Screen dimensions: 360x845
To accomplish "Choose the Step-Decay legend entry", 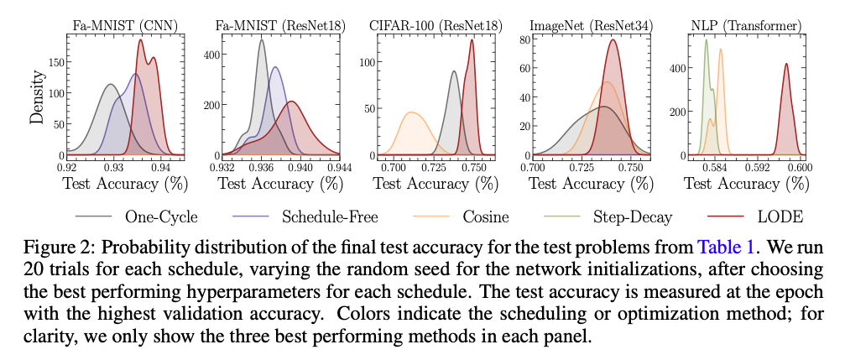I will [634, 217].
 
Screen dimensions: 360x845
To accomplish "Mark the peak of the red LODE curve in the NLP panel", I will [786, 64].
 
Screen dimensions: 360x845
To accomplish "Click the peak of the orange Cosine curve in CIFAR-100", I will [411, 112].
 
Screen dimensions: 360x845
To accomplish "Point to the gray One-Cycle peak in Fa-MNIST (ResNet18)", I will [262, 40].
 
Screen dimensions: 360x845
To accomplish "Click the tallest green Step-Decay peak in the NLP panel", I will [706, 40].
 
